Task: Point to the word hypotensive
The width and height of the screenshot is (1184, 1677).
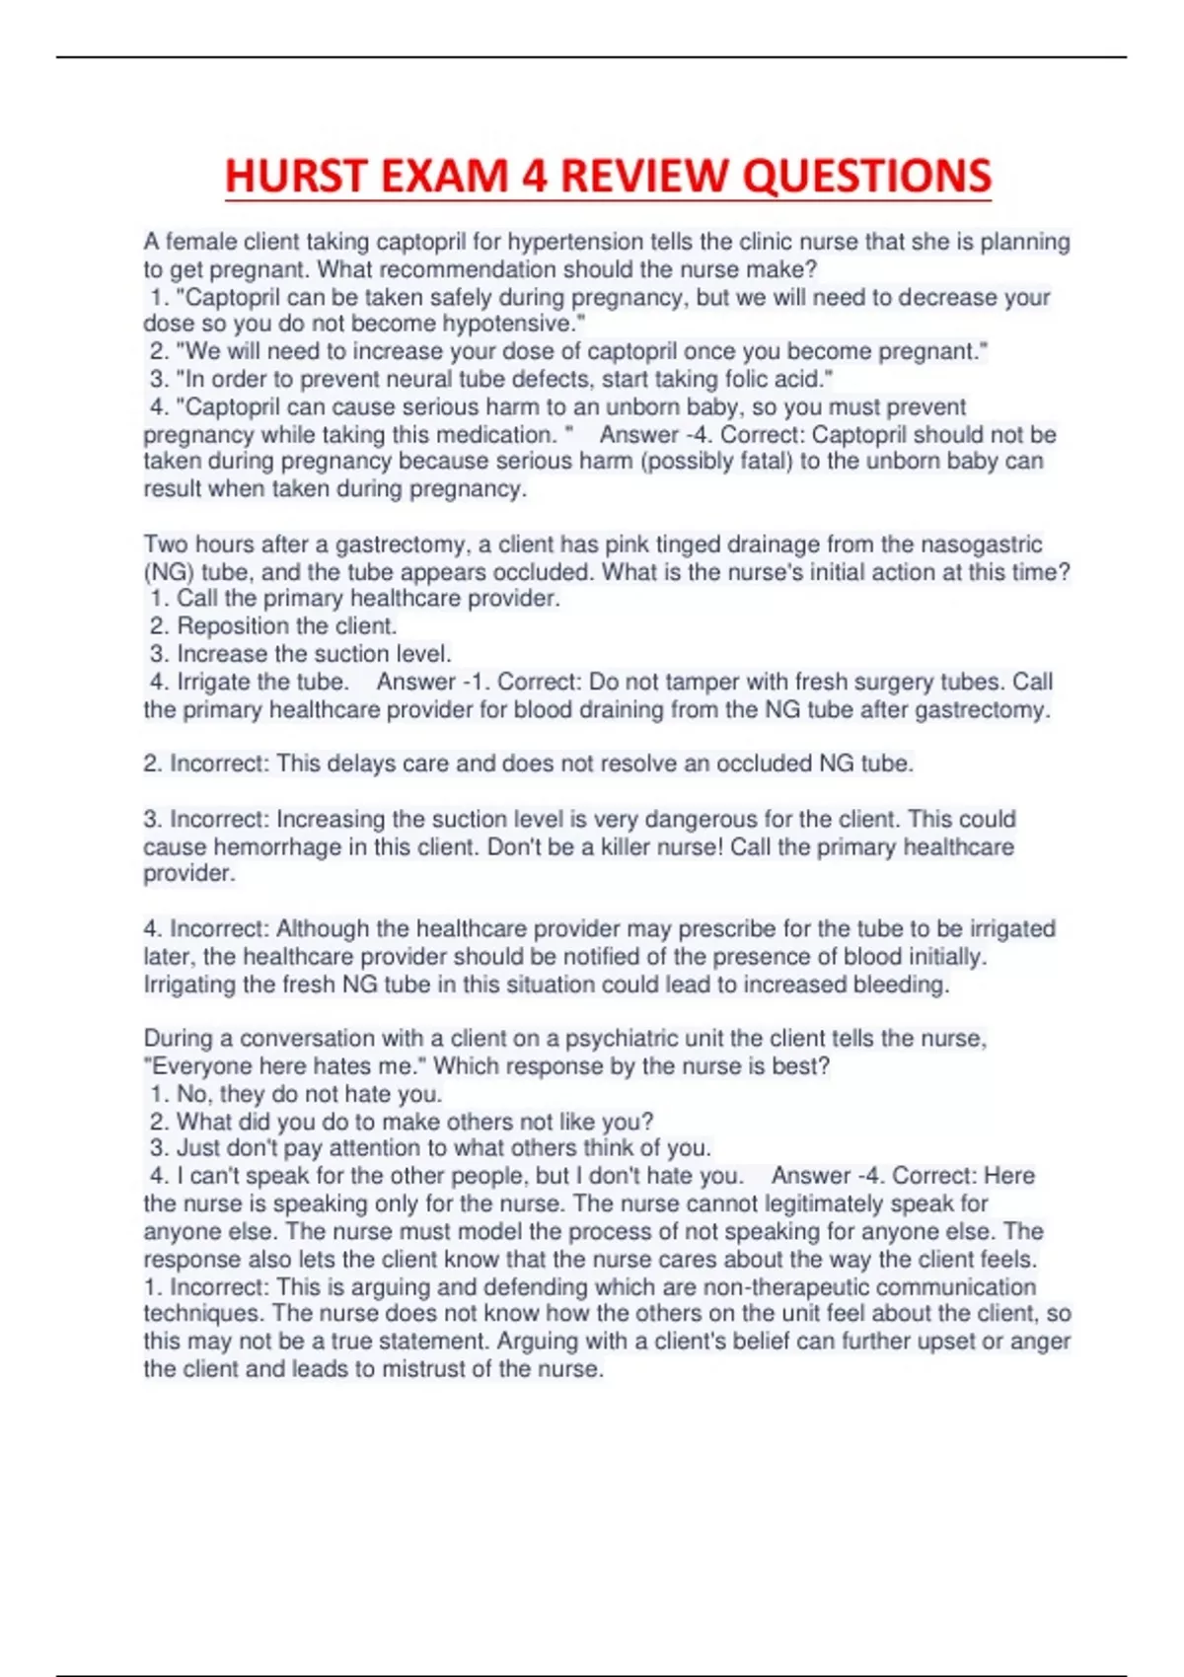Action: tap(513, 324)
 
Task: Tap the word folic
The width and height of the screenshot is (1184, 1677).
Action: tap(750, 379)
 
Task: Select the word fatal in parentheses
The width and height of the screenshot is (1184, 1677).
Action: tap(766, 461)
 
